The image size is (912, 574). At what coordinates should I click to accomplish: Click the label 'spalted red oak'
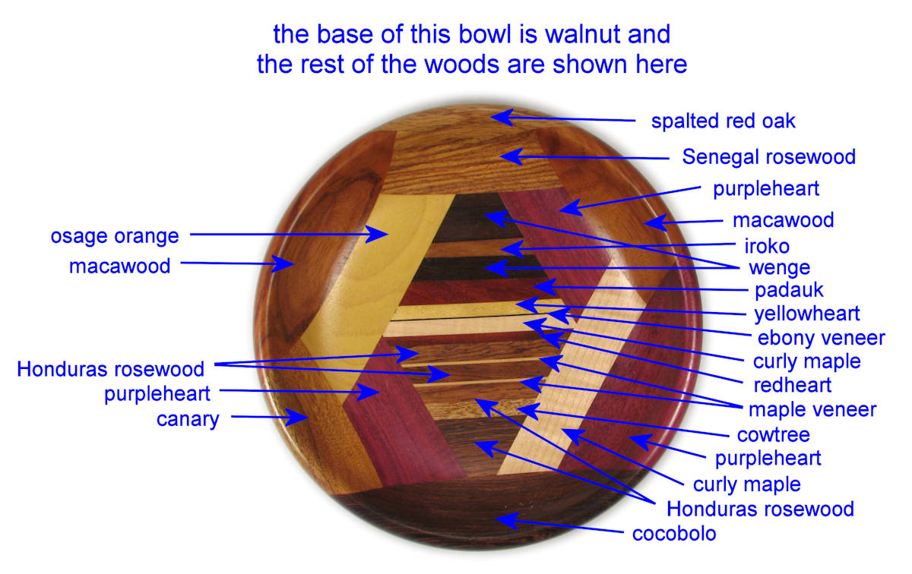[x=723, y=121]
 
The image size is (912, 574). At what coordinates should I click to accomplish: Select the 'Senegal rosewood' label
[x=768, y=157]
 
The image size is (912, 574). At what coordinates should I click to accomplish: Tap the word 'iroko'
[x=767, y=246]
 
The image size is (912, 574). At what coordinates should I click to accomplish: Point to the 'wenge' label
[x=779, y=268]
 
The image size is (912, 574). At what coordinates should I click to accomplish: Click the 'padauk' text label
[x=789, y=290]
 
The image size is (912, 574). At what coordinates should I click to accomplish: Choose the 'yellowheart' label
[x=807, y=314]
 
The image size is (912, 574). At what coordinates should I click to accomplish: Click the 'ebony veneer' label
[x=822, y=338]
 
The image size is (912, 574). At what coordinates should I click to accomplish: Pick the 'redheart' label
[x=792, y=385]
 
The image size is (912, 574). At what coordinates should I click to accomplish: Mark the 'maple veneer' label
[x=812, y=410]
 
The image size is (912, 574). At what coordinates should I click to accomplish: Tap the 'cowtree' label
[x=774, y=435]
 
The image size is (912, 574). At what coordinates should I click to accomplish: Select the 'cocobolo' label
[x=674, y=534]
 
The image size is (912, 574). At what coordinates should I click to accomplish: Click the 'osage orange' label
[x=115, y=236]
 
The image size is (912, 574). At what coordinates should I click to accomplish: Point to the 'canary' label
[x=188, y=419]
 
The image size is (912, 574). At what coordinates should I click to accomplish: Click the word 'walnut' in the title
[x=583, y=33]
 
